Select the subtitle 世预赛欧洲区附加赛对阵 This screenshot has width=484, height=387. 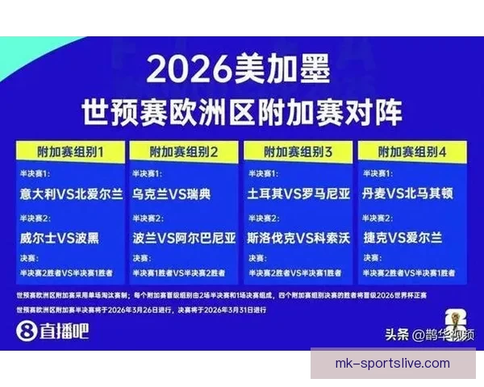(x=241, y=112)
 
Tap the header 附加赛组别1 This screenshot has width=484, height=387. (x=70, y=151)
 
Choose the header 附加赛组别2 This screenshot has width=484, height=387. (x=185, y=151)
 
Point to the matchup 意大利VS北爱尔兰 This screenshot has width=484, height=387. (x=72, y=194)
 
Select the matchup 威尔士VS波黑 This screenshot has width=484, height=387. (x=60, y=238)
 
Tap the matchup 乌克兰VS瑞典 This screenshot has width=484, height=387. (x=171, y=194)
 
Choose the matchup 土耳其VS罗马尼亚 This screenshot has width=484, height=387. (x=299, y=194)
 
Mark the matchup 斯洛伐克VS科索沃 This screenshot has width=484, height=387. (x=299, y=238)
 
